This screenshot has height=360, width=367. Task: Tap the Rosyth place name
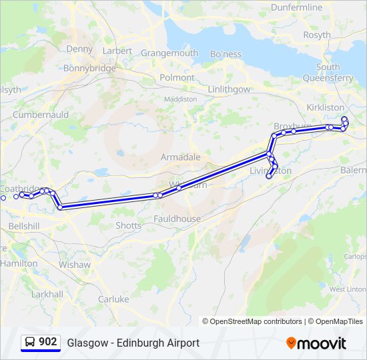tap(316, 35)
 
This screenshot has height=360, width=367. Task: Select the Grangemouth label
tap(169, 53)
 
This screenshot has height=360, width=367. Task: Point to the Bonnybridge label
tap(89, 68)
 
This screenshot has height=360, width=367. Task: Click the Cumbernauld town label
tap(41, 115)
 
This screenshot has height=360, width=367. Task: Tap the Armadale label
tap(180, 157)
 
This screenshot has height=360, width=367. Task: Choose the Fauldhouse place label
tap(177, 219)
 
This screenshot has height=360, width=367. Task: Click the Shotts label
tap(128, 225)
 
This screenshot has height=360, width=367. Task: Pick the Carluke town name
tap(113, 299)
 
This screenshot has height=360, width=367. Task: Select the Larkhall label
tap(47, 294)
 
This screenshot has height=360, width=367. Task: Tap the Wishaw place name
tap(74, 265)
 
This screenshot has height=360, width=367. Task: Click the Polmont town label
tap(177, 77)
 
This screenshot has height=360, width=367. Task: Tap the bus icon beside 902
tap(30, 342)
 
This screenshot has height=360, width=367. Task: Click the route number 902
tap(47, 342)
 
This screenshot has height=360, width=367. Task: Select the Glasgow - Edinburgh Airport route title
tap(133, 343)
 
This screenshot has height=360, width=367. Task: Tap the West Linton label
tap(348, 289)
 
